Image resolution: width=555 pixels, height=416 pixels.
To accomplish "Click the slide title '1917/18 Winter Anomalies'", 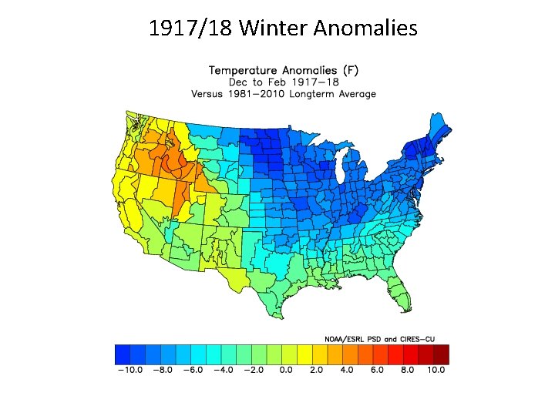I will [283, 29].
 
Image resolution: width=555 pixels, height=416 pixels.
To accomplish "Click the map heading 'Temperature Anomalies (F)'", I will [284, 69].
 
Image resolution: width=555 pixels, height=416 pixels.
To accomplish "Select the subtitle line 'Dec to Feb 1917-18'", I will [284, 82].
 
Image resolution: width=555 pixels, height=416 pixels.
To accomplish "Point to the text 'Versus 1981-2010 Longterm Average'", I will [284, 94].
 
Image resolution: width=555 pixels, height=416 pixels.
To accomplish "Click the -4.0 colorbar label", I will [223, 370].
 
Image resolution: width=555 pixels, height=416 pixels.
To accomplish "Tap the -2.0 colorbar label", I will [254, 370].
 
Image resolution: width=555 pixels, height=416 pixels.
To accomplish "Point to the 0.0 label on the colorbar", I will [285, 370].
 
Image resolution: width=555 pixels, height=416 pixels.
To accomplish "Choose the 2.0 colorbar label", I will [316, 370].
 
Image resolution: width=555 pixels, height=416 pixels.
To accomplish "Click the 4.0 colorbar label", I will [347, 370].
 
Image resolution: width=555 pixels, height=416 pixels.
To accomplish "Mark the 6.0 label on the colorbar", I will [378, 370].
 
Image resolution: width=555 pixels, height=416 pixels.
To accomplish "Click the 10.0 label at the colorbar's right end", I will [437, 370].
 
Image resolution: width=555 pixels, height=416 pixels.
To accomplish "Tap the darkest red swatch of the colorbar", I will [440, 354].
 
